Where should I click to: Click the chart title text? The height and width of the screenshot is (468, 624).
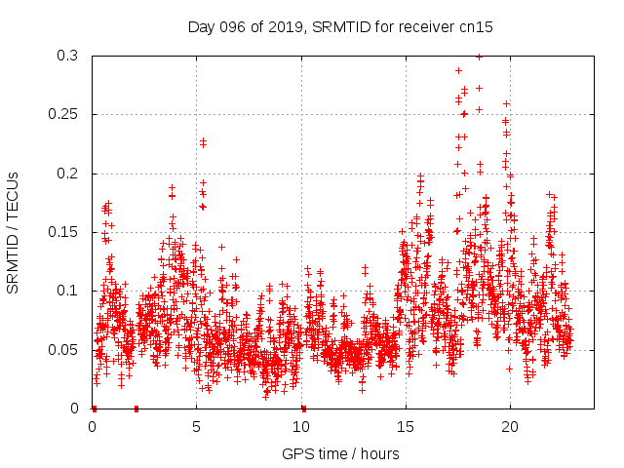pyautogui.click(x=340, y=27)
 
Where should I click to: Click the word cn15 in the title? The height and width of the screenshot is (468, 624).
pyautogui.click(x=476, y=27)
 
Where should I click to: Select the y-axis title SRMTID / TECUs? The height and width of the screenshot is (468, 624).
pyautogui.click(x=13, y=232)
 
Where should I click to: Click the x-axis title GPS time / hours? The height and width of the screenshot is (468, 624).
pyautogui.click(x=340, y=453)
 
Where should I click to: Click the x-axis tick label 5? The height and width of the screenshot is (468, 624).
pyautogui.click(x=197, y=427)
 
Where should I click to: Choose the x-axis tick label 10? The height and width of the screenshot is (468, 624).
pyautogui.click(x=301, y=427)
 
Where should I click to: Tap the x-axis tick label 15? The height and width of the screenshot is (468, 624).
pyautogui.click(x=406, y=427)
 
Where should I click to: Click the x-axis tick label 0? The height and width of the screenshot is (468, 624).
pyautogui.click(x=93, y=427)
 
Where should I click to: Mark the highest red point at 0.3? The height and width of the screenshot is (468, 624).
pyautogui.click(x=479, y=57)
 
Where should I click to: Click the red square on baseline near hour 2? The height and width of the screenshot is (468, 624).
pyautogui.click(x=136, y=409)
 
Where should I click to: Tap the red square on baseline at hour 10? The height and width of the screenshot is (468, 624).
pyautogui.click(x=303, y=409)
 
